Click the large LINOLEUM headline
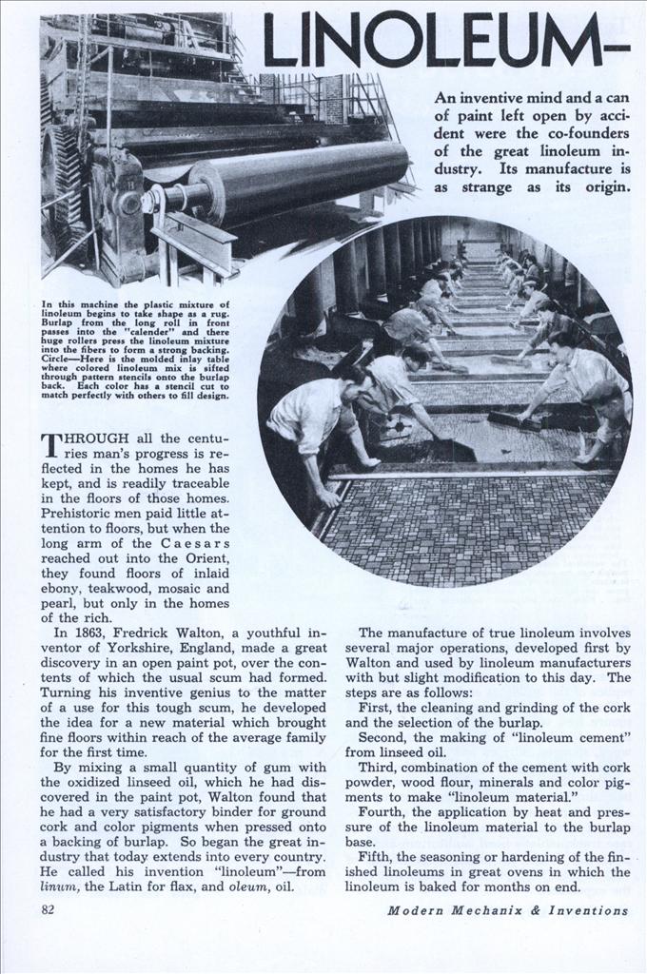pos(445,43)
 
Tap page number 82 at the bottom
pos(49,909)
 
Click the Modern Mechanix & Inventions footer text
pos(507,910)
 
